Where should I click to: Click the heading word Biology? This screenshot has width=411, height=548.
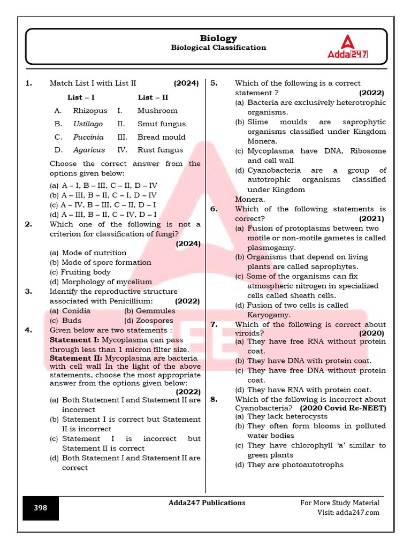click(218, 38)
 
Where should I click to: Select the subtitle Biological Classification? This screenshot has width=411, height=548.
click(218, 48)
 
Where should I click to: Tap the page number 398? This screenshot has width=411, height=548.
click(41, 508)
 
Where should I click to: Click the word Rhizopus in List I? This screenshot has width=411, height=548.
click(90, 111)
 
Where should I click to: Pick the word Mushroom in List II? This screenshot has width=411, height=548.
click(157, 111)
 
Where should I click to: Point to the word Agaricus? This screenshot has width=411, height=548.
click(89, 150)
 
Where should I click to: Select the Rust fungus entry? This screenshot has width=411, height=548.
click(160, 150)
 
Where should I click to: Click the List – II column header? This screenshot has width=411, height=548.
click(153, 97)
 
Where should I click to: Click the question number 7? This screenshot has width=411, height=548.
click(214, 325)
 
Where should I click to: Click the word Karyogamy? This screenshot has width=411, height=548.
click(269, 315)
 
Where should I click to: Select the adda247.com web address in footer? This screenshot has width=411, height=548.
click(357, 513)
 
